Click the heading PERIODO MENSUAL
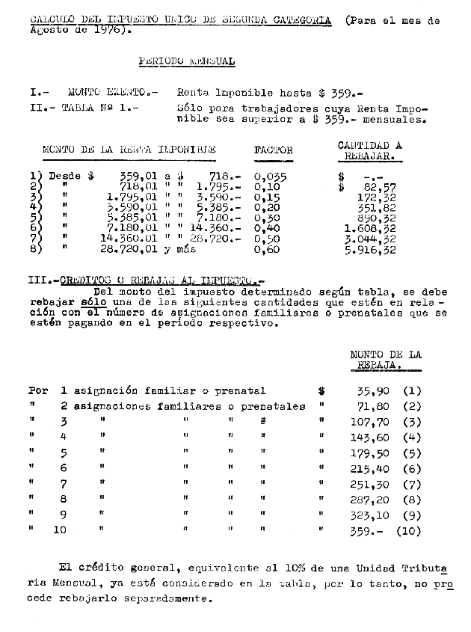186,62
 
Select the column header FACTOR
274,150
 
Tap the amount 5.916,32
370,250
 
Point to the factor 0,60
267,250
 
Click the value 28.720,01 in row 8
131,250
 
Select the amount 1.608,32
370,229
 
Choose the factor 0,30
267,218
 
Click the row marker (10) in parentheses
409,531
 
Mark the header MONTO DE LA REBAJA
385,360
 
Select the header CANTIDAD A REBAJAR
369,150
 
